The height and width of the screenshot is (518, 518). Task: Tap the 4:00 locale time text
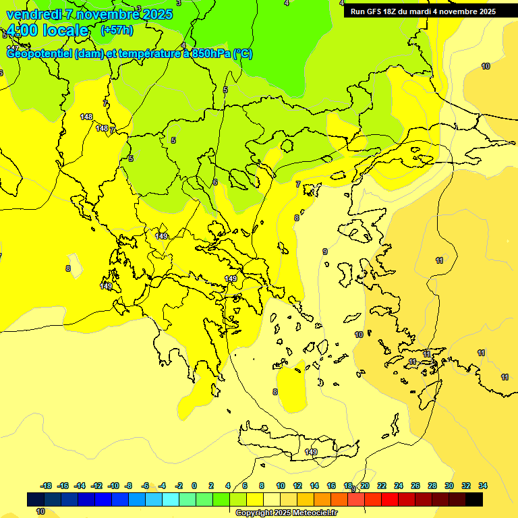tap(47, 30)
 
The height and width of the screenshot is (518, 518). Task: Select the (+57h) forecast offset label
tap(117, 30)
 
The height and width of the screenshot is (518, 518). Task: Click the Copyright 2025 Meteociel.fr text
tap(287, 513)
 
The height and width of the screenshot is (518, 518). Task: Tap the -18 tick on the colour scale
tap(46, 486)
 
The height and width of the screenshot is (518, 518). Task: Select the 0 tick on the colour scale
tap(194, 486)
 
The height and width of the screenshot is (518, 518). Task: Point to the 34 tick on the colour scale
tap(483, 486)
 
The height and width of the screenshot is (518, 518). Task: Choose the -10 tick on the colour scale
tap(113, 486)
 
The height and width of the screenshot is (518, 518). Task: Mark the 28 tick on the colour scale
tap(432, 486)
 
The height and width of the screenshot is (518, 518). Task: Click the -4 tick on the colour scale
tap(163, 486)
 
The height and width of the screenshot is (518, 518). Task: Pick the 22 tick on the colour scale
tap(382, 486)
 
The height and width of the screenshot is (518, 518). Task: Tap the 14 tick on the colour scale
tap(314, 486)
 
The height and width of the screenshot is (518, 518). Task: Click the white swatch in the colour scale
tap(272, 499)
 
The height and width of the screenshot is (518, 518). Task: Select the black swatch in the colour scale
tap(474, 499)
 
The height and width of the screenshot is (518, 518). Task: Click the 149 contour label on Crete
tap(311, 452)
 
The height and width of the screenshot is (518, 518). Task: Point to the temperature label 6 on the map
tap(215, 182)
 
